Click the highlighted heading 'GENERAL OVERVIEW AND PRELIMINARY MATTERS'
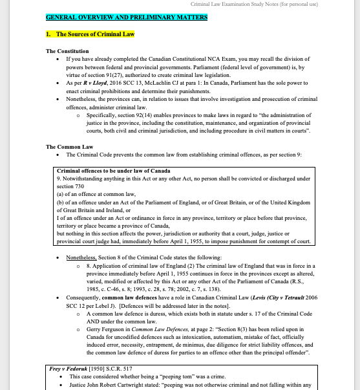[x=127, y=17]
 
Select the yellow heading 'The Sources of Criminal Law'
[x=94, y=34]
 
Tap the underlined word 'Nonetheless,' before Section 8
[x=81, y=257]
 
